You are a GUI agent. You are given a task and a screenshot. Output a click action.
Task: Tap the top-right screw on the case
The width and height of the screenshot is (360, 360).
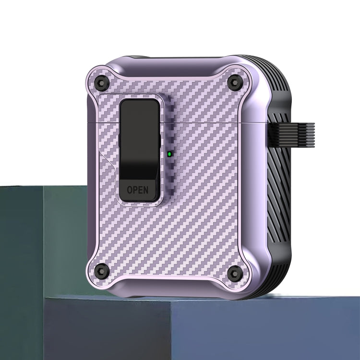[233, 81]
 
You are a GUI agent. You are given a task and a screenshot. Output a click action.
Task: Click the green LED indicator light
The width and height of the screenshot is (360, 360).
[169, 154]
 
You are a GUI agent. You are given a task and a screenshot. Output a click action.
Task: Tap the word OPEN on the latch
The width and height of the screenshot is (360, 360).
[138, 190]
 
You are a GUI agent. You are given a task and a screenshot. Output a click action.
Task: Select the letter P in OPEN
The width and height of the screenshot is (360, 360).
[135, 190]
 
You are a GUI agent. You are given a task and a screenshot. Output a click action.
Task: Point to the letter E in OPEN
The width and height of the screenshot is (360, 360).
[141, 190]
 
